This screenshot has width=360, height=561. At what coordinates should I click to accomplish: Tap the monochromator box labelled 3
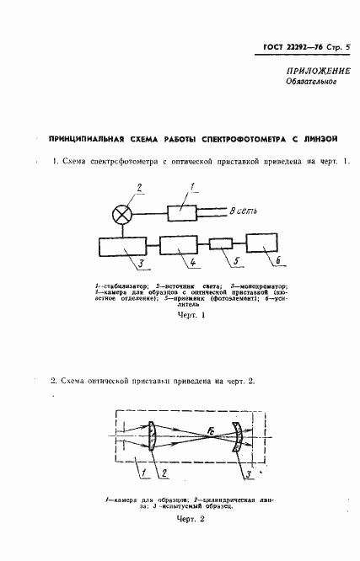pyautogui.click(x=123, y=248)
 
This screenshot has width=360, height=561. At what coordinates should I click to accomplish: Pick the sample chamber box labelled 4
pyautogui.click(x=178, y=246)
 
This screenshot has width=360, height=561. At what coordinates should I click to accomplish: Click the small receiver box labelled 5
pyautogui.click(x=221, y=244)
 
